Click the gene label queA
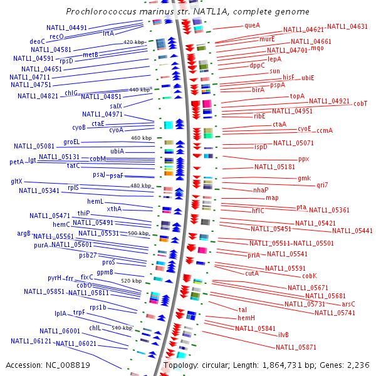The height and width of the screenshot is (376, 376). point(253,26)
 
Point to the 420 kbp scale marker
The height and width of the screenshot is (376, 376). point(134,41)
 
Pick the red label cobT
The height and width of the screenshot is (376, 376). point(360,103)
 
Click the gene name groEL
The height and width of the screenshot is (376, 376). point(71,142)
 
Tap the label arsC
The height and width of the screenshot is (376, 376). point(348,303)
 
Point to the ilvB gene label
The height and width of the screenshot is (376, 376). point(283,335)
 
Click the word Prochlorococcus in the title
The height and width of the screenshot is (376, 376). point(100,12)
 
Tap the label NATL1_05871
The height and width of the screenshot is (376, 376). point(296,347)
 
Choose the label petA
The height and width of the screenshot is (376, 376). point(16,162)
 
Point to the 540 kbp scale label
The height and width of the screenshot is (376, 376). point(122,328)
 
